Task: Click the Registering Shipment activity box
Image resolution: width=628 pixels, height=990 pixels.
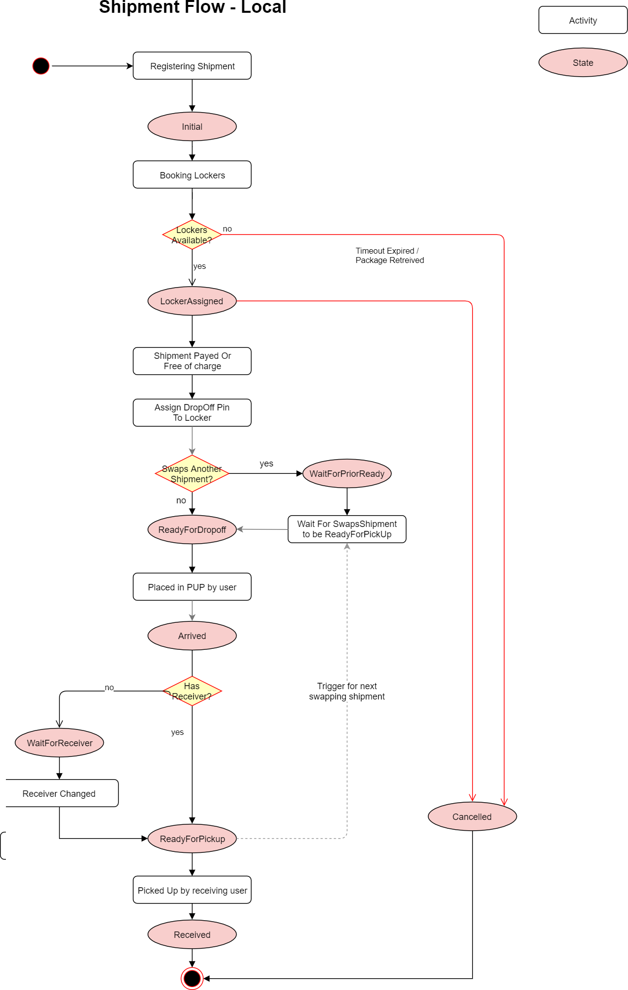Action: (192, 66)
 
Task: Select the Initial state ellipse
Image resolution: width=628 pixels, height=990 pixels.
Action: (192, 127)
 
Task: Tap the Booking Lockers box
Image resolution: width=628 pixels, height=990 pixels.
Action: (192, 175)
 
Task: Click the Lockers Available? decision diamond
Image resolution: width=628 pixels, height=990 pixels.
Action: (192, 235)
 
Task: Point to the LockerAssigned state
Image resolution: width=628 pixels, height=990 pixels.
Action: (192, 301)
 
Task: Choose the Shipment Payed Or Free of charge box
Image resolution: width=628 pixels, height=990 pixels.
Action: (192, 361)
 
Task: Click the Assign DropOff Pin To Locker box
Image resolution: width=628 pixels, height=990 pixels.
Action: (192, 413)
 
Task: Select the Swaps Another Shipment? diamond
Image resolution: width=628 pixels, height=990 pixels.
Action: (192, 474)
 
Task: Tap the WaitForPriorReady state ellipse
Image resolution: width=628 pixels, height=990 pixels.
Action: (347, 474)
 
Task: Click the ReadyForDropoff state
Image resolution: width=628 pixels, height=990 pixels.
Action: (192, 530)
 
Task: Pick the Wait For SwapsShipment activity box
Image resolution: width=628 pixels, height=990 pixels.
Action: (347, 529)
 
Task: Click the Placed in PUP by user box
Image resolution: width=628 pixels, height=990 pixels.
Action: (192, 587)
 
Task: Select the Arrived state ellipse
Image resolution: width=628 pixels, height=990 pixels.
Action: (192, 636)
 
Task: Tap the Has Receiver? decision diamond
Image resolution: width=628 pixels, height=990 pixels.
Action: (192, 691)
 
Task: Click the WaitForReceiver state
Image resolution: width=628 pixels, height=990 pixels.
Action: (60, 743)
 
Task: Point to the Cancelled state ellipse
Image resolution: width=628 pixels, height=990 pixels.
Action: (472, 817)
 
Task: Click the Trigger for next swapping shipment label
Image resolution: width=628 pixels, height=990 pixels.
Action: (347, 692)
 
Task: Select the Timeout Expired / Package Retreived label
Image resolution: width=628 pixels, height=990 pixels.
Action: (389, 256)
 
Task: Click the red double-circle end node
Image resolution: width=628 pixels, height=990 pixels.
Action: (192, 978)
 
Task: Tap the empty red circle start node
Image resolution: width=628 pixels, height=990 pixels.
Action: (41, 66)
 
